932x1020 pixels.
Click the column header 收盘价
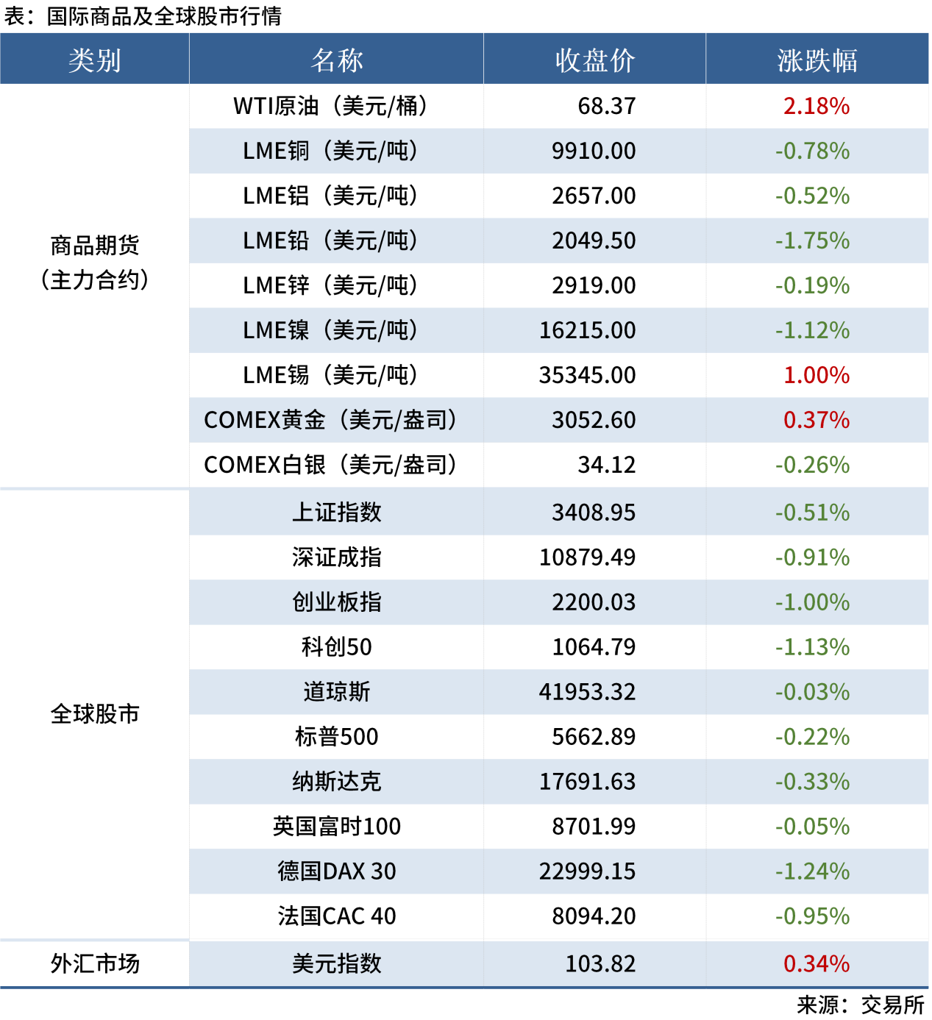(x=594, y=60)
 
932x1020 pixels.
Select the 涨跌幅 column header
(x=817, y=60)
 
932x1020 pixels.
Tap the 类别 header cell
(x=95, y=60)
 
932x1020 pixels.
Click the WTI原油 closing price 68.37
(x=606, y=106)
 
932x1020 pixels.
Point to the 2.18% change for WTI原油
(x=816, y=106)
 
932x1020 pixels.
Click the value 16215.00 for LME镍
(x=587, y=330)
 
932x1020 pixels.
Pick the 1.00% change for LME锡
(x=816, y=375)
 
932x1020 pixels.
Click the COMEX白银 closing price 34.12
(x=606, y=465)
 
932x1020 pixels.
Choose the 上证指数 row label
(x=336, y=513)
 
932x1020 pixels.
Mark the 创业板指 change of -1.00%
(x=812, y=602)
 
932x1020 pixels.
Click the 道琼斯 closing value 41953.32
(x=587, y=692)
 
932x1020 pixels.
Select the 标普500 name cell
(x=336, y=737)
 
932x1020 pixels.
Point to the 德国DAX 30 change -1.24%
(x=812, y=871)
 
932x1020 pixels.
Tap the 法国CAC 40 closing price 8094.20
(x=594, y=916)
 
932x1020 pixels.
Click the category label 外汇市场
(x=95, y=963)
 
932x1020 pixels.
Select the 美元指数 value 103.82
(x=600, y=963)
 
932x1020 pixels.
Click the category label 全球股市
(x=95, y=714)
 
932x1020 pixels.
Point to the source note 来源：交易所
(x=860, y=1005)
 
